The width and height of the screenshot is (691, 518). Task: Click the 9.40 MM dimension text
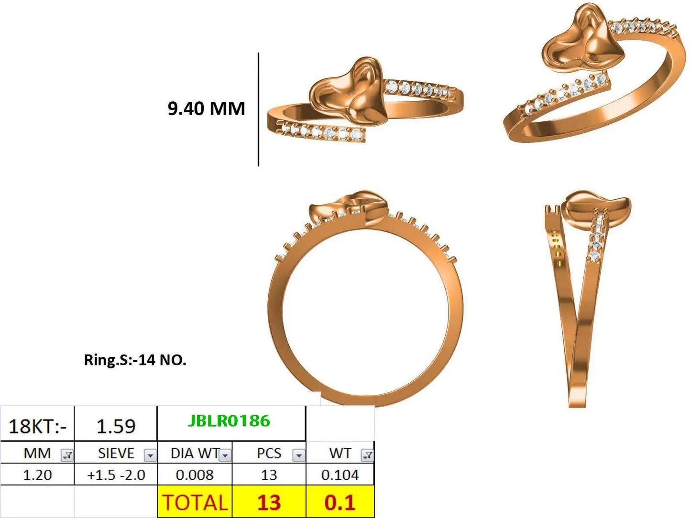[x=206, y=108]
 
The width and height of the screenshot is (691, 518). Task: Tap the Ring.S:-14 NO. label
[x=135, y=360]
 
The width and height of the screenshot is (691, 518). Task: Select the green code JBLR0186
[x=229, y=421]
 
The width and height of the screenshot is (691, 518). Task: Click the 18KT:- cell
[x=37, y=426]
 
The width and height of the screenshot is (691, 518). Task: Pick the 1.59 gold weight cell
[x=116, y=426]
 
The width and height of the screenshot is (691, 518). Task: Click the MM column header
[x=37, y=453]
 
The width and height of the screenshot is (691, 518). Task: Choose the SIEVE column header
[x=116, y=453]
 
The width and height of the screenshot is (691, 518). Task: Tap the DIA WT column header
[x=195, y=453]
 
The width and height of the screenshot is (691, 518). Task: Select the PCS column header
[x=269, y=453]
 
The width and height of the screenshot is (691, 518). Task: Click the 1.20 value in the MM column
[x=37, y=475]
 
